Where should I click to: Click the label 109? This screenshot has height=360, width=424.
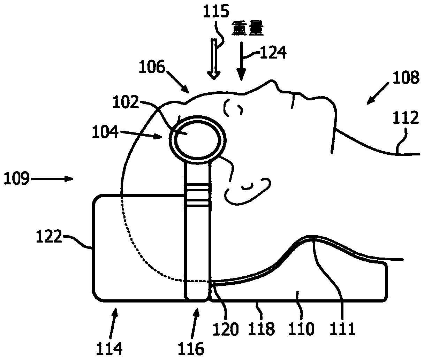click(x=17, y=179)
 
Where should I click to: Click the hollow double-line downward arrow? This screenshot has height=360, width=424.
click(x=213, y=59)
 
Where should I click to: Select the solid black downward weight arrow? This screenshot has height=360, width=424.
click(x=241, y=63)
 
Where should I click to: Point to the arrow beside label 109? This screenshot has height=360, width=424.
click(x=53, y=179)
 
